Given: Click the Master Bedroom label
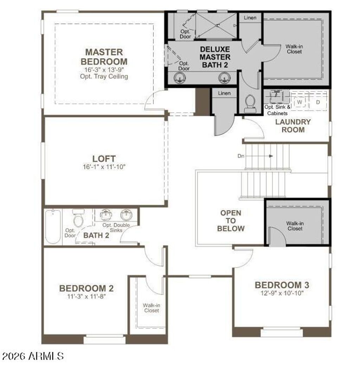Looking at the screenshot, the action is click(x=104, y=57).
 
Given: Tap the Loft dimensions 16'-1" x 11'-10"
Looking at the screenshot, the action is click(x=104, y=167).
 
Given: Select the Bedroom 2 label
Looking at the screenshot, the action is click(x=86, y=288).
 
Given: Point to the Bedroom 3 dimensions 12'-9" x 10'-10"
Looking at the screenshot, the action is click(x=282, y=293).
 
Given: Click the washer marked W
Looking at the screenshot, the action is click(x=300, y=103).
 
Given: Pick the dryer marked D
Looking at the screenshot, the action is click(x=317, y=103).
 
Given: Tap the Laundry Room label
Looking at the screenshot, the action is click(x=293, y=126).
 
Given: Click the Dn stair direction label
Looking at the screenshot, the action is click(x=241, y=156).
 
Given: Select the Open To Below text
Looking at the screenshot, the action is click(x=231, y=221).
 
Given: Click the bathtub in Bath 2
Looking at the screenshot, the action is click(x=53, y=226).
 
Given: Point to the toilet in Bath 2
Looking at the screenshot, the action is click(x=78, y=218).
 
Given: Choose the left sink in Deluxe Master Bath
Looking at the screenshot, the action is click(x=180, y=78).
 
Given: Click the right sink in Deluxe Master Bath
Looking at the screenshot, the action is click(x=224, y=78).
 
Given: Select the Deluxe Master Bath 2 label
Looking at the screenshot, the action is click(x=215, y=57).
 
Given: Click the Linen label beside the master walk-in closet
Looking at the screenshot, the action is click(x=250, y=18).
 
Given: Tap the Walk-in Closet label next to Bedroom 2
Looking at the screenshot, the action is click(x=152, y=308).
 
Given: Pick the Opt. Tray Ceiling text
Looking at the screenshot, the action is click(x=104, y=77).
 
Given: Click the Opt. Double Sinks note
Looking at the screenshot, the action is click(x=116, y=228).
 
